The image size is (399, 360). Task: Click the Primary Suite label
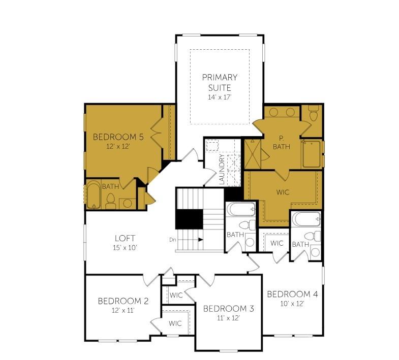(x=220, y=82)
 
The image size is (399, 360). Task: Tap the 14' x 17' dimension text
(x=220, y=96)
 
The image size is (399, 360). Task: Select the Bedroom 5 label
(x=118, y=137)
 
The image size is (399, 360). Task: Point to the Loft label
(x=125, y=238)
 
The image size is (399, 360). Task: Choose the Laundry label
(x=222, y=170)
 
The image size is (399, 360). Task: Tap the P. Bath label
(x=281, y=142)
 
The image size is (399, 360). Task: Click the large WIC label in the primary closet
(x=283, y=193)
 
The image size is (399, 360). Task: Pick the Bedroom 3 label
(x=228, y=308)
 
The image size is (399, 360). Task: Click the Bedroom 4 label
(x=292, y=294)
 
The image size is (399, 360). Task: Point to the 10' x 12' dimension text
(x=292, y=304)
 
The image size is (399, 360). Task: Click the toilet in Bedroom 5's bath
(x=111, y=202)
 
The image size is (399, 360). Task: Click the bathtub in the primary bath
(x=312, y=154)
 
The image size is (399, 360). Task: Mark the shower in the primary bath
(x=253, y=153)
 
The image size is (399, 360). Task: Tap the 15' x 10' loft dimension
(x=125, y=248)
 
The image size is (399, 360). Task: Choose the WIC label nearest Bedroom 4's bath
(x=277, y=243)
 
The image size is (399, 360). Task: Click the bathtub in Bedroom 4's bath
(x=306, y=220)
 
